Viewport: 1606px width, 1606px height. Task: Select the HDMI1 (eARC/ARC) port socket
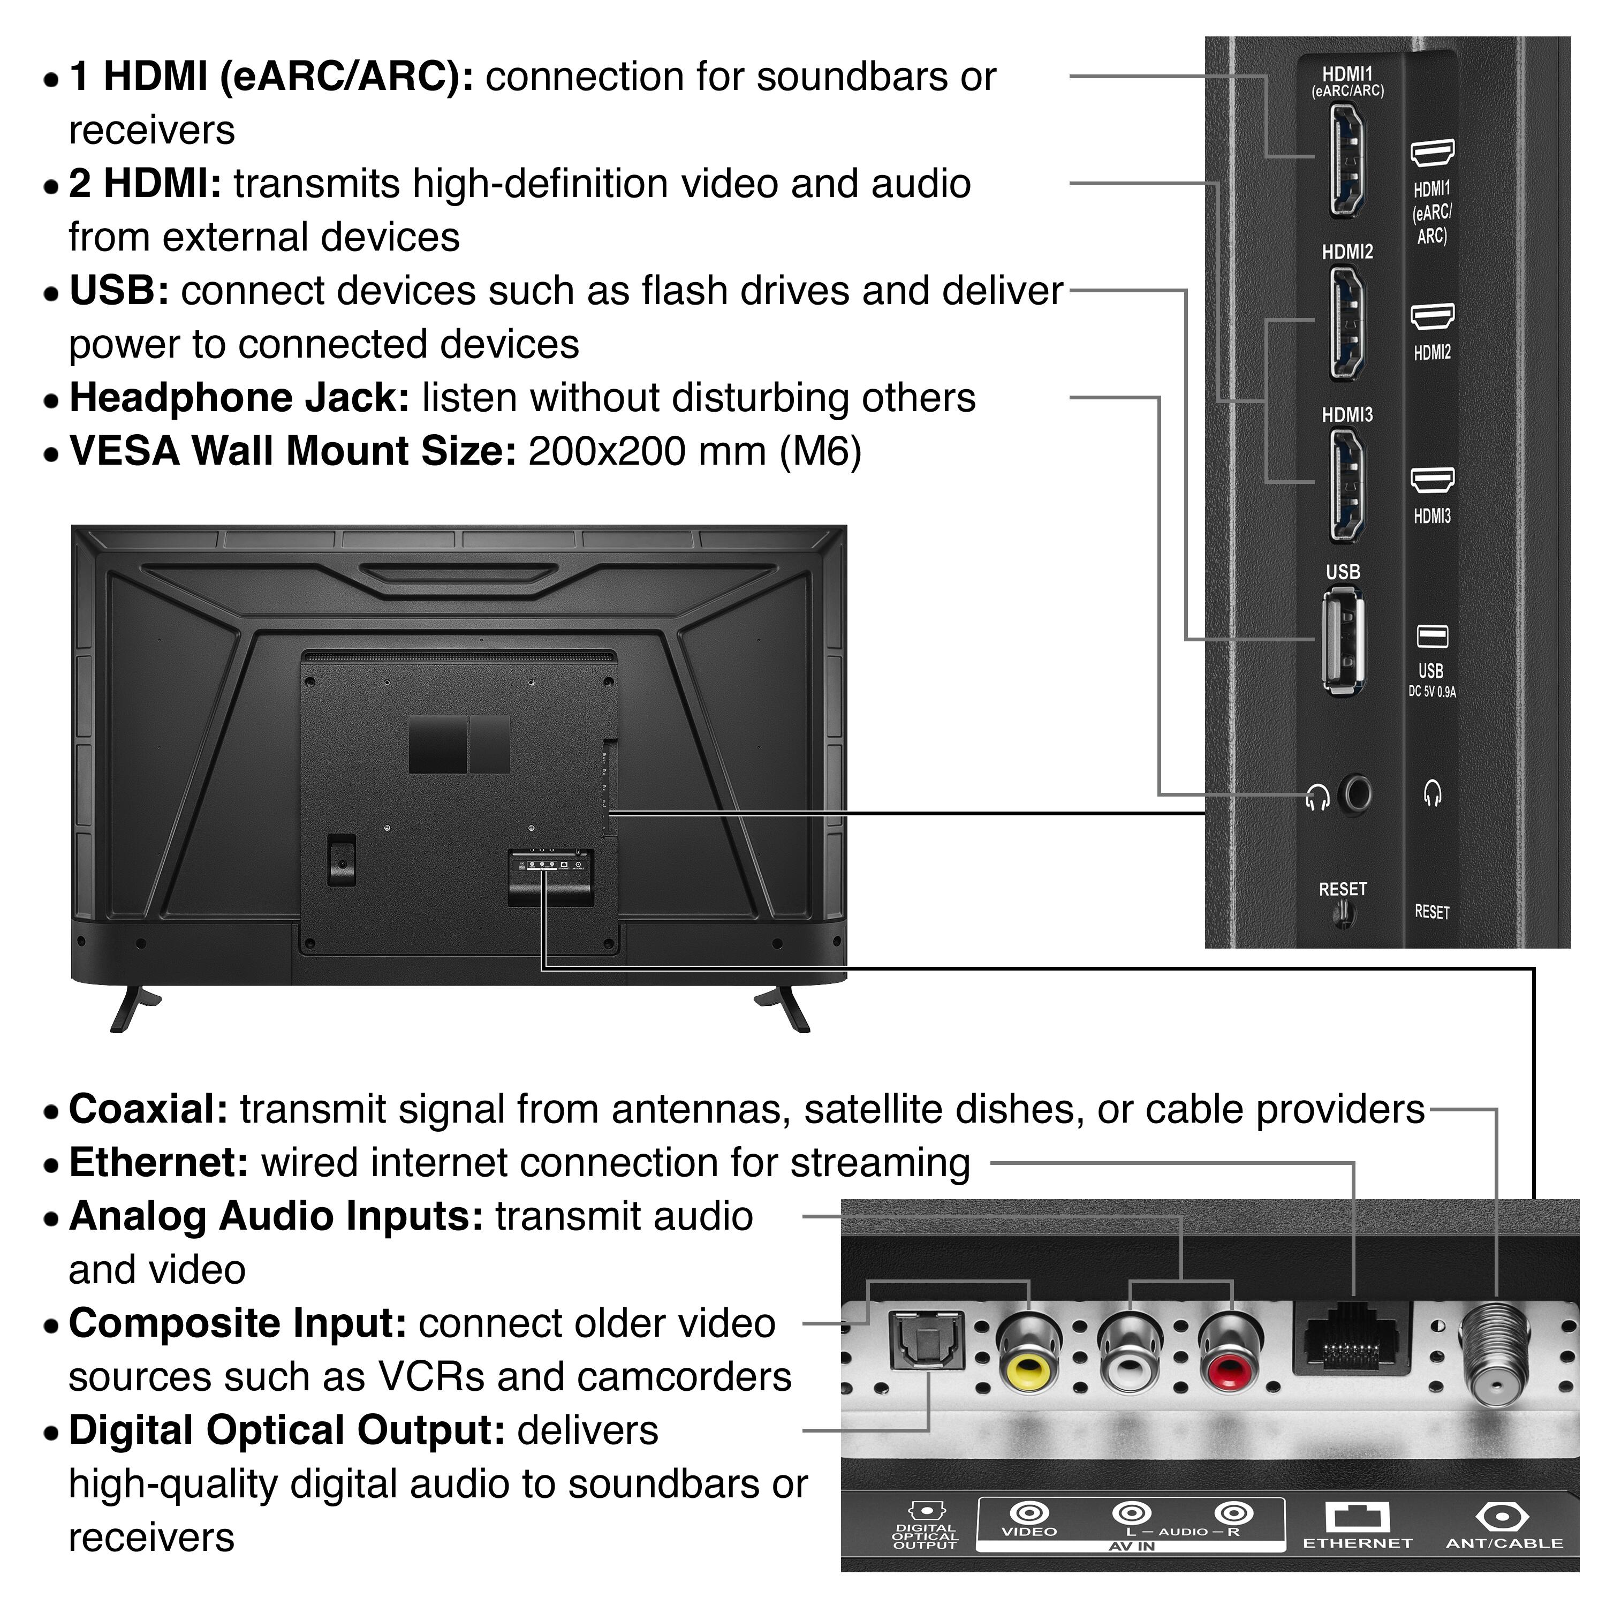[1346, 161]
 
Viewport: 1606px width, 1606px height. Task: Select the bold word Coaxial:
[148, 1110]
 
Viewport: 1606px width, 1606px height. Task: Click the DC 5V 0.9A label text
[1432, 692]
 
